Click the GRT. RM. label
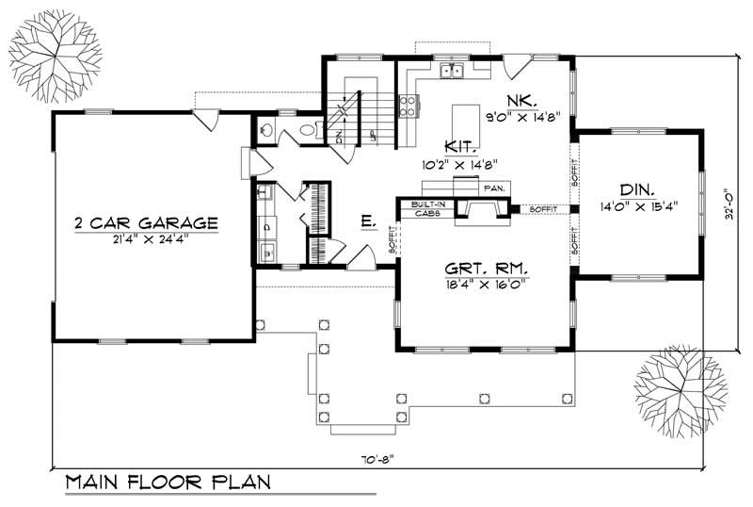[x=487, y=266]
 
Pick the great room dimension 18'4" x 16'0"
[x=487, y=281]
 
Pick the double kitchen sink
[x=456, y=70]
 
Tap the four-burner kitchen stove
[x=409, y=106]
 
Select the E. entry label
[x=368, y=221]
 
